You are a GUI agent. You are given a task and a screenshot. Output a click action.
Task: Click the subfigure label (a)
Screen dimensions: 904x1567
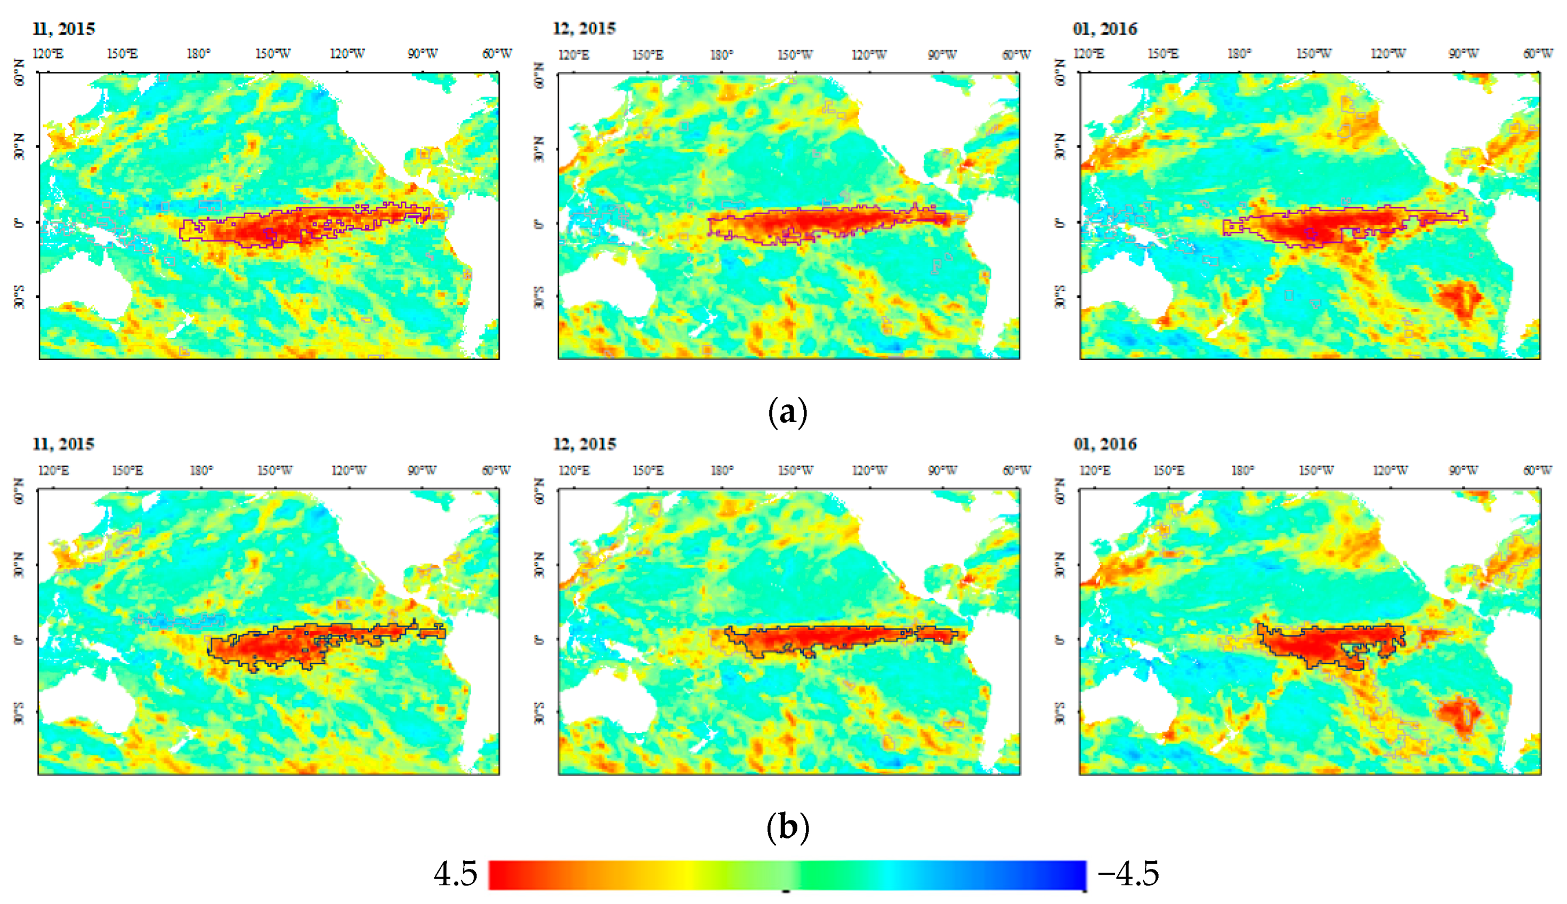pyautogui.click(x=788, y=412)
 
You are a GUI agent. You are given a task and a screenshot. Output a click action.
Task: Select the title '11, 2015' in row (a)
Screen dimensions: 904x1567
pyautogui.click(x=64, y=29)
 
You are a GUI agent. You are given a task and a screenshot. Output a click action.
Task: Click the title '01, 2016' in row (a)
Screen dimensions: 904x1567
pyautogui.click(x=1105, y=29)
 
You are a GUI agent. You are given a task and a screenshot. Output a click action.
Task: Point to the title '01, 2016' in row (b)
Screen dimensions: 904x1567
pyautogui.click(x=1105, y=445)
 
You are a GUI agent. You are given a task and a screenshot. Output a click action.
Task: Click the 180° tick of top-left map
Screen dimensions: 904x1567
pyautogui.click(x=198, y=54)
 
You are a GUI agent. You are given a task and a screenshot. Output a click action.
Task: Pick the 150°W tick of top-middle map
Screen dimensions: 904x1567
pyautogui.click(x=795, y=55)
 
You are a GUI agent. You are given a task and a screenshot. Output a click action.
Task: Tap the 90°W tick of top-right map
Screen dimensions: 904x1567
pyautogui.click(x=1464, y=54)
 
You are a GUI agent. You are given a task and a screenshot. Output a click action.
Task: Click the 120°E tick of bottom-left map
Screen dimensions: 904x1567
pyautogui.click(x=53, y=470)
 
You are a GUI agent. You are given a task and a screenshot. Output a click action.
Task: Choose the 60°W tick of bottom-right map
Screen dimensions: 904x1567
pyautogui.click(x=1538, y=470)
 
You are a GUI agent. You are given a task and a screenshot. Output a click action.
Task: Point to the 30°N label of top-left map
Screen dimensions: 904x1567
pyautogui.click(x=20, y=147)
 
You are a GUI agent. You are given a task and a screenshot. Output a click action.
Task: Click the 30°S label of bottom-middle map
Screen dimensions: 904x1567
pyautogui.click(x=539, y=714)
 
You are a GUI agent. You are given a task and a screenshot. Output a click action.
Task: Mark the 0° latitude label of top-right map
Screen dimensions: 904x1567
pyautogui.click(x=1060, y=222)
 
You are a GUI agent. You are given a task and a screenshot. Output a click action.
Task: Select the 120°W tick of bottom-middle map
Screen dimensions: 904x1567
pyautogui.click(x=869, y=470)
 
